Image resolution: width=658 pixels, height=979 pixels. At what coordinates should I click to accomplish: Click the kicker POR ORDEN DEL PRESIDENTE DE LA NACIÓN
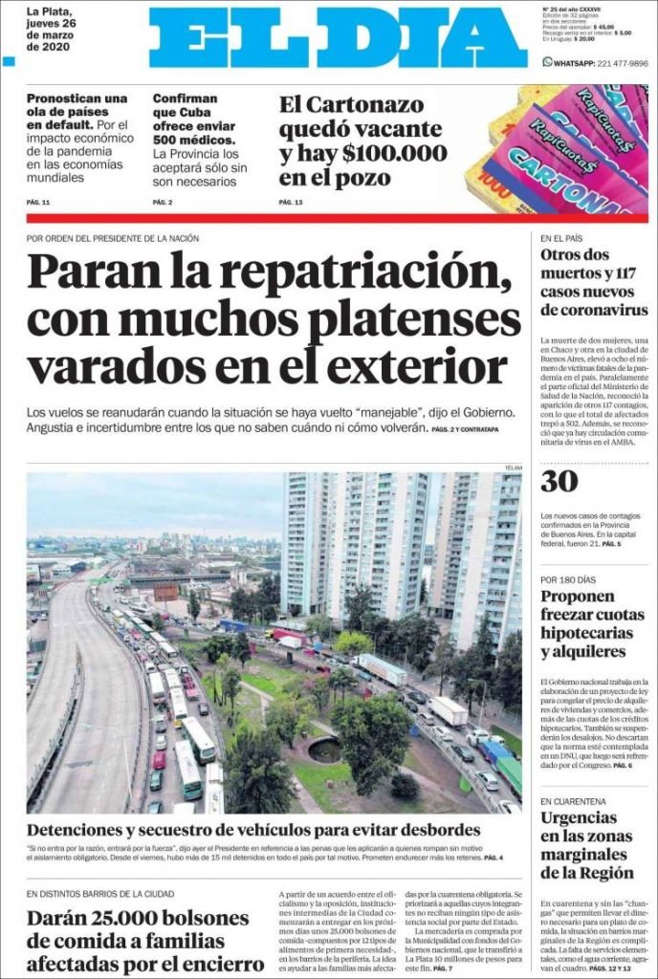tap(113, 238)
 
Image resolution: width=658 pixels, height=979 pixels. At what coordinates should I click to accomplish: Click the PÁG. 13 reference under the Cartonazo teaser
tap(291, 203)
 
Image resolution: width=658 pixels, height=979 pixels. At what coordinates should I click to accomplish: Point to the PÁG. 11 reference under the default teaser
tap(38, 203)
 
